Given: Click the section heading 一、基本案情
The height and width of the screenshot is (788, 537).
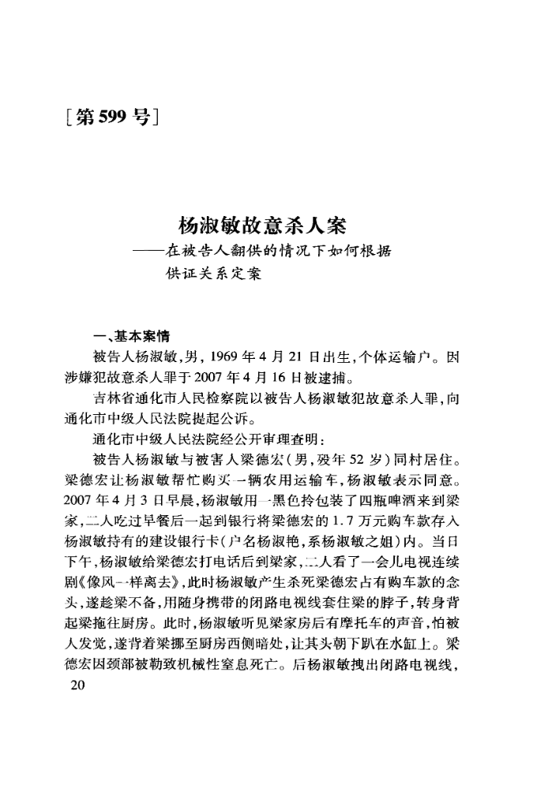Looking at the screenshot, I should pos(126,335).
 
